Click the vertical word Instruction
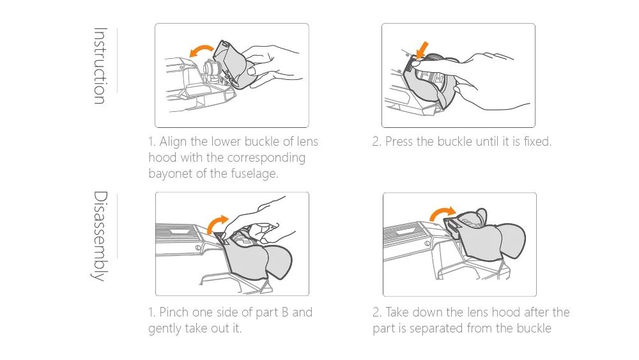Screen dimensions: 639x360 (x=100, y=66)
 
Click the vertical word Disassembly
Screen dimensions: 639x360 (x=100, y=237)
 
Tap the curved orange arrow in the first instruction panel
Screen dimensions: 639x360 (x=201, y=50)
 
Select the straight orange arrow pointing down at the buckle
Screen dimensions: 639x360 (x=422, y=50)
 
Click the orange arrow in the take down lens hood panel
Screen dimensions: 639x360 (x=442, y=213)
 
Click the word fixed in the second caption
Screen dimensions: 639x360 (x=537, y=141)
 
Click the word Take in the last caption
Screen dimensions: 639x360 (x=397, y=312)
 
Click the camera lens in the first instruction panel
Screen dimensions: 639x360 (x=211, y=68)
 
